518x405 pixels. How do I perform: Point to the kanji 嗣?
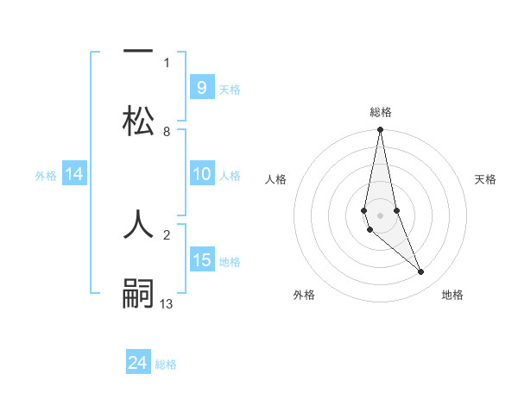click(x=137, y=292)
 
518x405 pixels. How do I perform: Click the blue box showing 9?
click(x=201, y=88)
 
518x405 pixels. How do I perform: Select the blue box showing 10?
click(x=201, y=175)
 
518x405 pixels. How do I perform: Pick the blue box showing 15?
click(x=201, y=260)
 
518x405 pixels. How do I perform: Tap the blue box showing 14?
click(x=74, y=175)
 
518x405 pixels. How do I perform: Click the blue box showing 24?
click(x=138, y=363)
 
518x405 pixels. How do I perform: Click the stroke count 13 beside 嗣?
click(x=166, y=303)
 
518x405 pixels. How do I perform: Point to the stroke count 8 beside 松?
click(x=166, y=132)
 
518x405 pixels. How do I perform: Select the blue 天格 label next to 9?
click(x=230, y=89)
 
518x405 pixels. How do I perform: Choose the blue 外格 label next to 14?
click(x=46, y=176)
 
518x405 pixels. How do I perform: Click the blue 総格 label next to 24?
click(x=166, y=364)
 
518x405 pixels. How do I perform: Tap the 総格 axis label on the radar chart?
click(x=381, y=112)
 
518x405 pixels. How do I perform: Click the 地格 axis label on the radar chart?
click(x=452, y=296)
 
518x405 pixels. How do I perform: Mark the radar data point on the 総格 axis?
click(x=380, y=130)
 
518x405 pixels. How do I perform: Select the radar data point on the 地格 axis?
click(x=421, y=272)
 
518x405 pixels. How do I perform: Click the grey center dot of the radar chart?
click(x=380, y=215)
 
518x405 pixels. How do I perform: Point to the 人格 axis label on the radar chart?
click(x=275, y=179)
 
